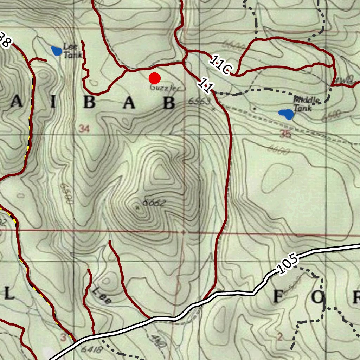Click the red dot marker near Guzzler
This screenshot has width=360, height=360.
point(155,78)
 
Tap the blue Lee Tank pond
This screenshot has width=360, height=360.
point(57,51)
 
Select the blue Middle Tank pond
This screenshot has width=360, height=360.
point(286,114)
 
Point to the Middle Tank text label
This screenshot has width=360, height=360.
point(306,104)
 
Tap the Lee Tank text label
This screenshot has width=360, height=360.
point(72,50)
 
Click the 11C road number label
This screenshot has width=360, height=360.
point(219,65)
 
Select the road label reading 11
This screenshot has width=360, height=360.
point(205,85)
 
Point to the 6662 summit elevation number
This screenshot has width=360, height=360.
point(154,203)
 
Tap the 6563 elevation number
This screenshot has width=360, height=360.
point(199,102)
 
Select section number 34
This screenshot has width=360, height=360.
point(84,129)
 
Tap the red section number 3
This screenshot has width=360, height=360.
point(63,338)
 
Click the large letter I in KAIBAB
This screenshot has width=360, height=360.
point(53,103)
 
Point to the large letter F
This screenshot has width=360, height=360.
point(278,297)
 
